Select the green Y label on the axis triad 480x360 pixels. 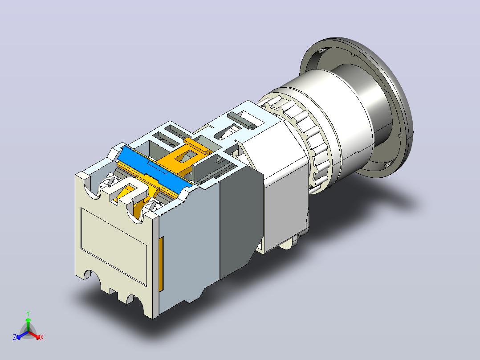point(28,313)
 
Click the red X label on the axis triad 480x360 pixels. point(42,337)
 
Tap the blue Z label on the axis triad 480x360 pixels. point(15,337)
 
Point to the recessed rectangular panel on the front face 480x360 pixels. point(114,246)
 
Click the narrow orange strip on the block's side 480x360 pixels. point(161,263)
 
